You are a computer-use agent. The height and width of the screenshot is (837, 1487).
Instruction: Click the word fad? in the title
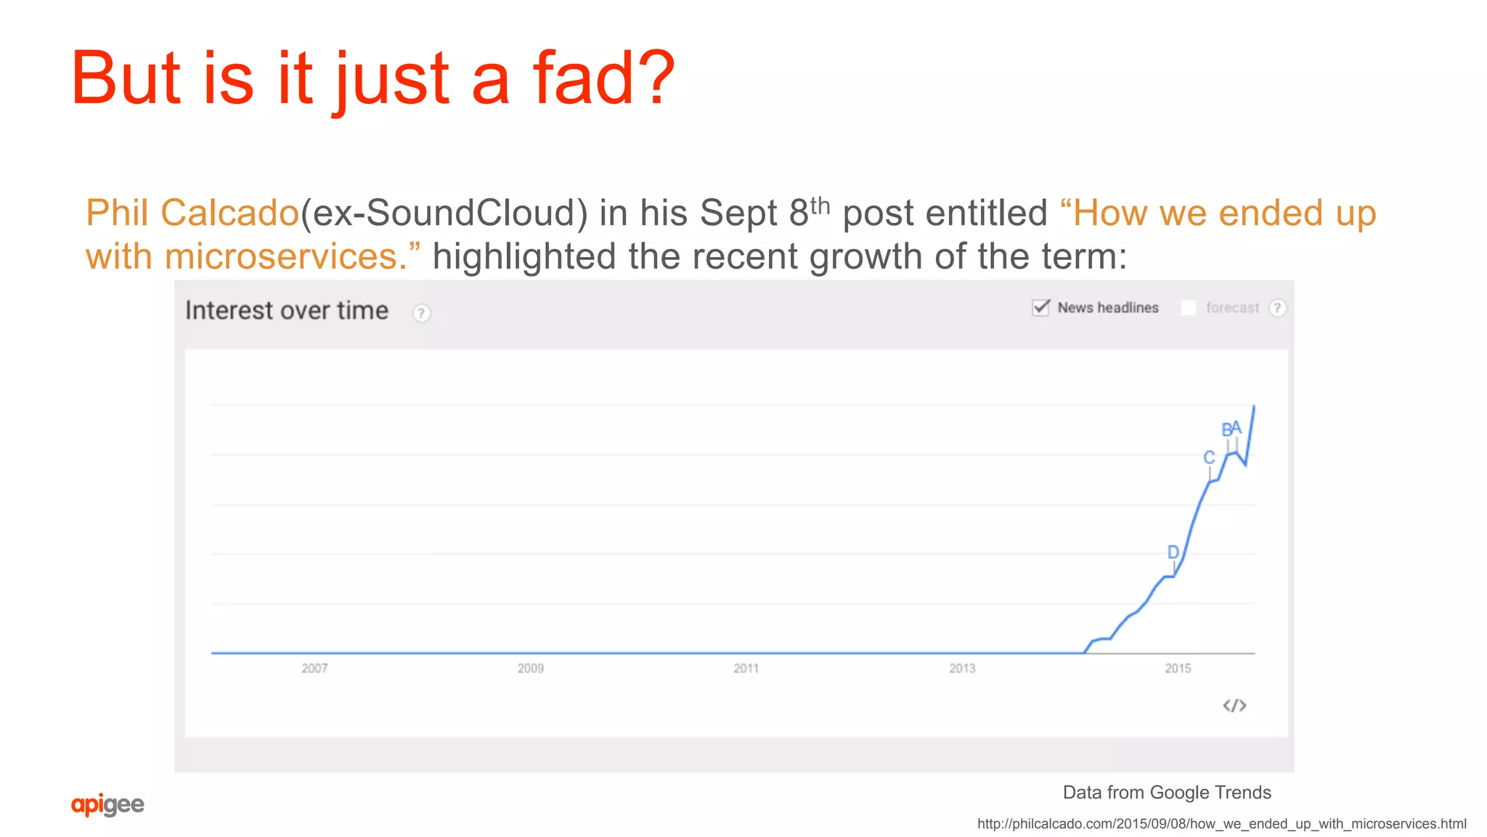603,78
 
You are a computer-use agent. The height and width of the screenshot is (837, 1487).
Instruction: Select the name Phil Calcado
192,213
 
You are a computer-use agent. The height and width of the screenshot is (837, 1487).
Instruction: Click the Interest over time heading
287,311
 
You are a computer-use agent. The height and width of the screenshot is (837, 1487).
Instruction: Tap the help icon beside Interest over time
421,313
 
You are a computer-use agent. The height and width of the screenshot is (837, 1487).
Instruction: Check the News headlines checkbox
1041,308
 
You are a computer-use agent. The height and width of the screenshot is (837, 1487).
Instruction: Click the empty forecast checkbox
1189,308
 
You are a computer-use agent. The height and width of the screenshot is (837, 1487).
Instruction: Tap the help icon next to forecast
1277,308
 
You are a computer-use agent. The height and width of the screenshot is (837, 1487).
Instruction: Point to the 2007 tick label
314,668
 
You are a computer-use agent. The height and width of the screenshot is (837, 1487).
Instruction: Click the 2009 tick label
530,668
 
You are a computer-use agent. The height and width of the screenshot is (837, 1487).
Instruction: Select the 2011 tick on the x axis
746,668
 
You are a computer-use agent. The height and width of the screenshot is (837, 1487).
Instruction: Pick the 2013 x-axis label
962,668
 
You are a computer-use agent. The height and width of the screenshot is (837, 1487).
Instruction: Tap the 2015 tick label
1178,668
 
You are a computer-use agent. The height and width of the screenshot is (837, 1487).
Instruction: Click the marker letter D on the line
1173,552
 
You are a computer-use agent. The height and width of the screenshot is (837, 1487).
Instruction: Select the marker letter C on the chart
1209,457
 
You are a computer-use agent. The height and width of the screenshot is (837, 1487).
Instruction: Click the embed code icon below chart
1234,706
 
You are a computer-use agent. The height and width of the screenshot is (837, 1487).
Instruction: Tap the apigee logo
107,804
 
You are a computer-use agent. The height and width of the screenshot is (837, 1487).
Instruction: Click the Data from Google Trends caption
1167,793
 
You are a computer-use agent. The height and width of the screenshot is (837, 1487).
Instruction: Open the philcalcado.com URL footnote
1221,824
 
